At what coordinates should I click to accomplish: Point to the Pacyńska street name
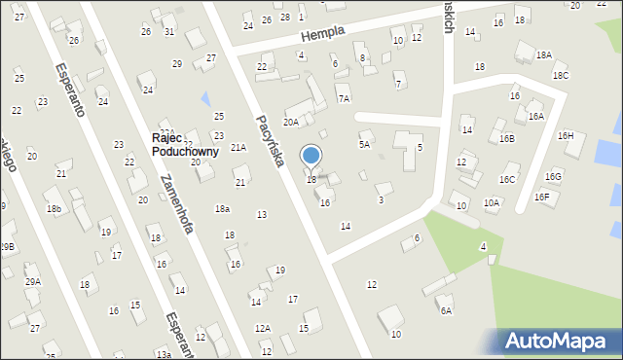pos(269,141)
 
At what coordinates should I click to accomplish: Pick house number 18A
pos(543,55)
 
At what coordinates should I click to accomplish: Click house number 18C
pos(560,75)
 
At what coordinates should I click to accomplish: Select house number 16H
pos(566,135)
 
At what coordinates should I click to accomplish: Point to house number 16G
pos(553,176)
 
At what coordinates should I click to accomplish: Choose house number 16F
pos(542,197)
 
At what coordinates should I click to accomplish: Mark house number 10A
pos(492,202)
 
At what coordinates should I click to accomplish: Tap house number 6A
pos(446,310)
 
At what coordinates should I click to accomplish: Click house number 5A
pos(364,144)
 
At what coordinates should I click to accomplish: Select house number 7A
pos(343,98)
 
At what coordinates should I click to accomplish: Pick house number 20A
pos(290,122)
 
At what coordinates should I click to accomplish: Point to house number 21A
pos(238,147)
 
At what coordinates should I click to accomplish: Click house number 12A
pos(263,328)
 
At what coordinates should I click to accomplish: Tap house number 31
pos(169,31)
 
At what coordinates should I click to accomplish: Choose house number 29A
pos(33,281)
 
